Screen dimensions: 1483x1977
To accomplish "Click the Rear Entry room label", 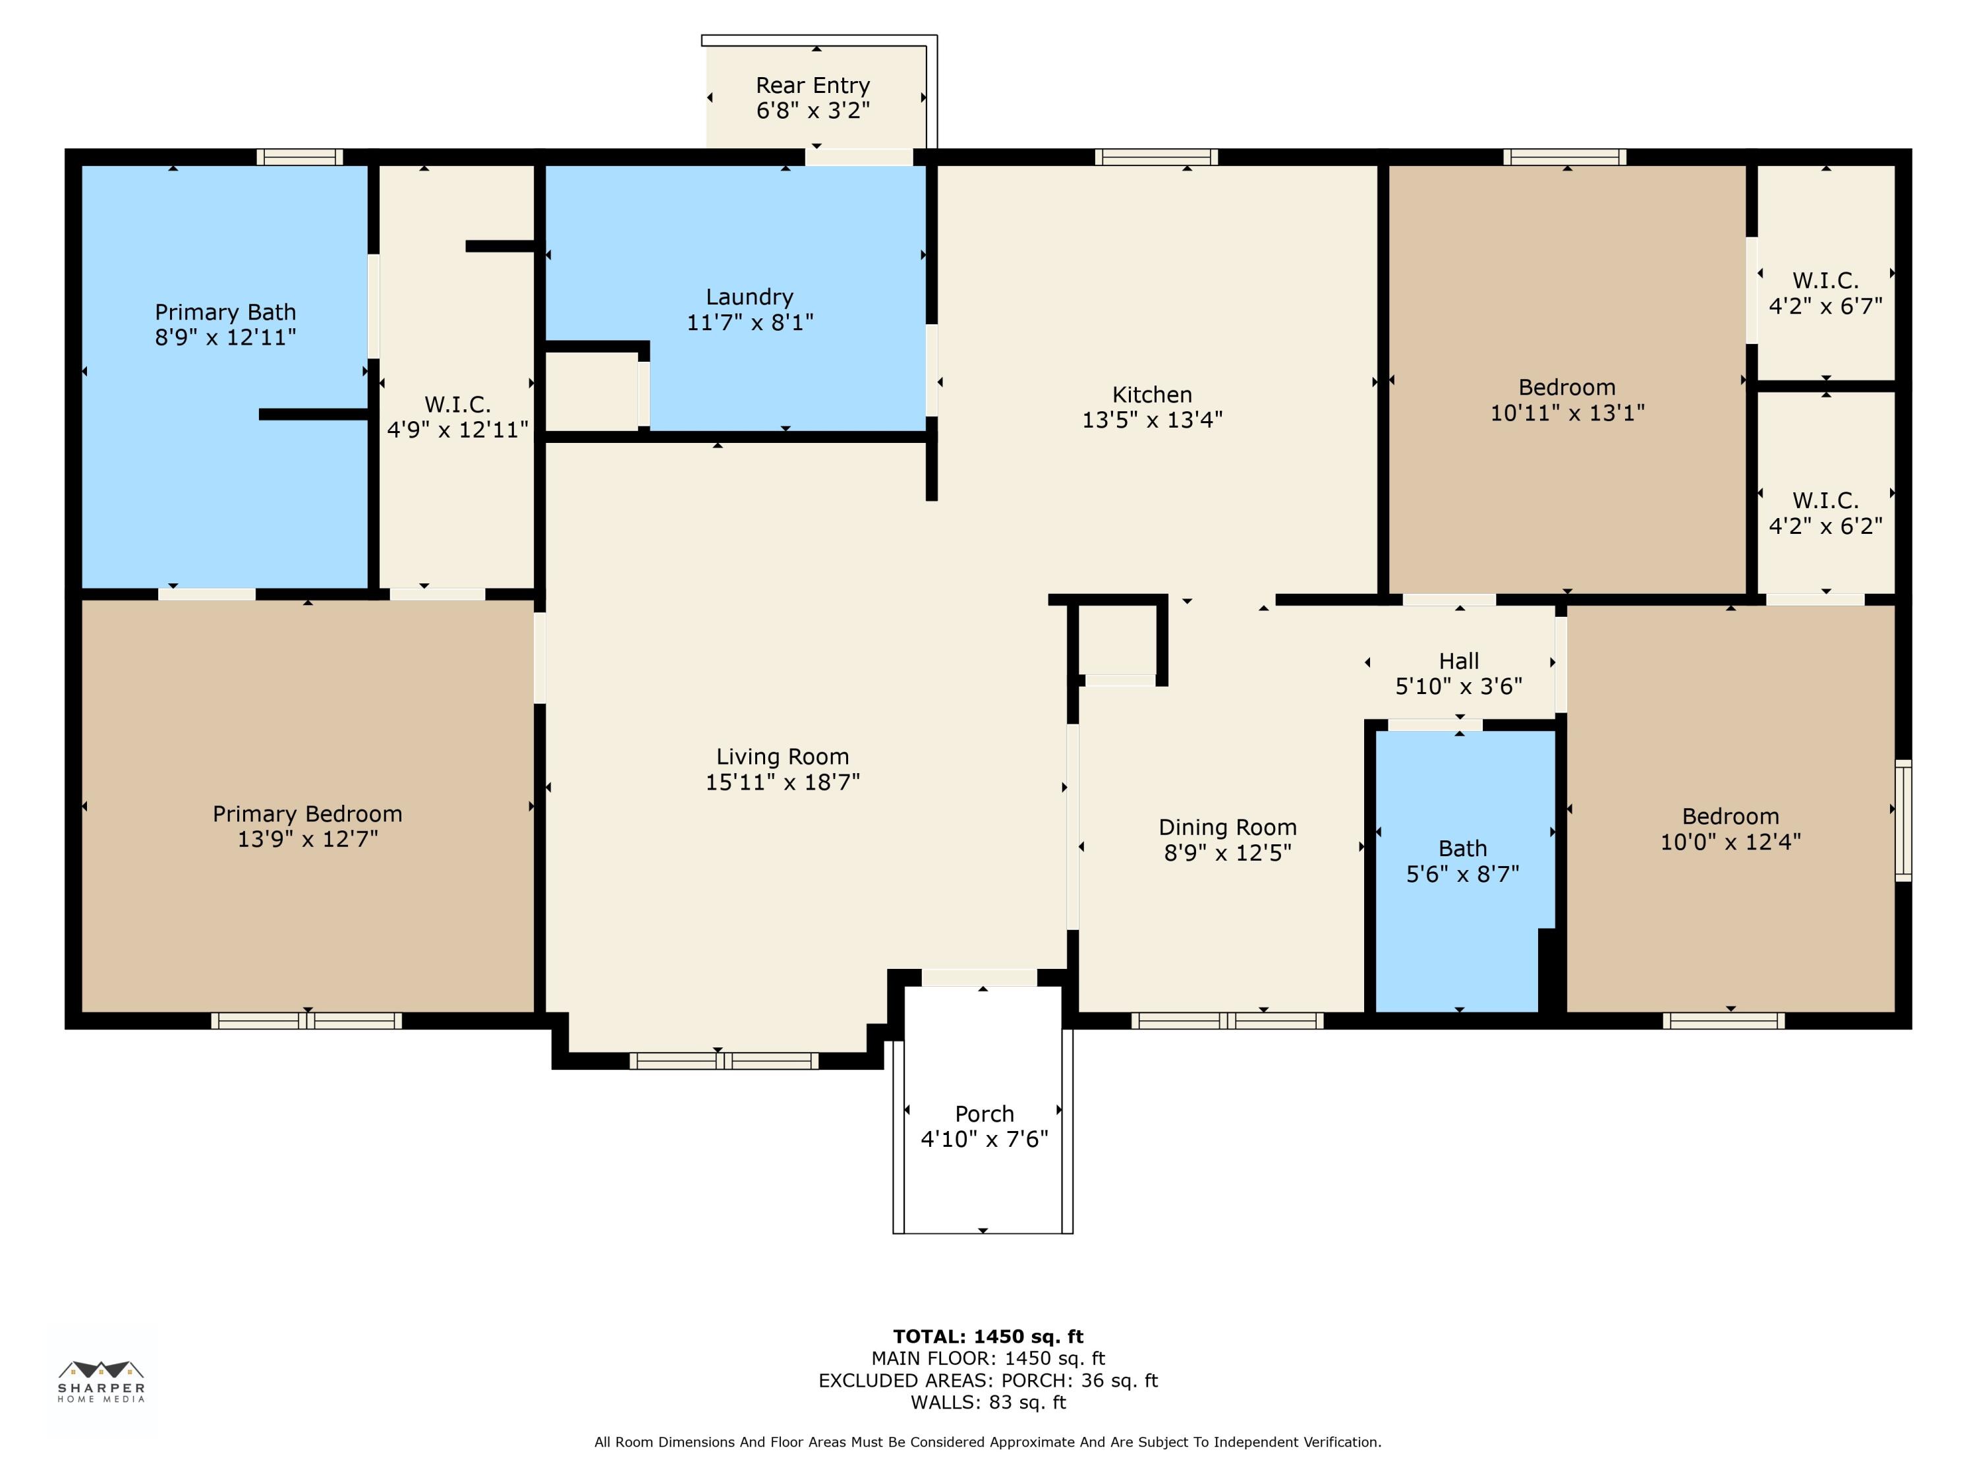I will [x=813, y=86].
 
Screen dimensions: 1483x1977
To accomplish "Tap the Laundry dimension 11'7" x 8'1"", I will [x=749, y=323].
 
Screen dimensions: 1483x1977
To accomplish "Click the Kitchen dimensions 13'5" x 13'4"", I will [x=1151, y=420].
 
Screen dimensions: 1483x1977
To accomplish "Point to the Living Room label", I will [x=782, y=757].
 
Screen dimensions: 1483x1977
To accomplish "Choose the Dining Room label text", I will [x=1227, y=828].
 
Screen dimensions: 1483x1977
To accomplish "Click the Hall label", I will [x=1458, y=662].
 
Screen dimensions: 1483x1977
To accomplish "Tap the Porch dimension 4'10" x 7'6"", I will [x=984, y=1139].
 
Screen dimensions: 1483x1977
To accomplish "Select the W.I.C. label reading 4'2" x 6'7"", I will [x=1825, y=294].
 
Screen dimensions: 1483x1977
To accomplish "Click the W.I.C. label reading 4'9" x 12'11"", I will [x=457, y=417].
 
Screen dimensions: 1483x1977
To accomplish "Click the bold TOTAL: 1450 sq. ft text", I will [x=988, y=1337].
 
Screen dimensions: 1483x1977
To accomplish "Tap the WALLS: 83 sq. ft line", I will [x=988, y=1403].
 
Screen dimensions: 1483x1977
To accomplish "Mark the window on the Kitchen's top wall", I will [x=1156, y=158].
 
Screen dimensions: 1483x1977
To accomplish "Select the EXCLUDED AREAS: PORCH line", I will [x=988, y=1380].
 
